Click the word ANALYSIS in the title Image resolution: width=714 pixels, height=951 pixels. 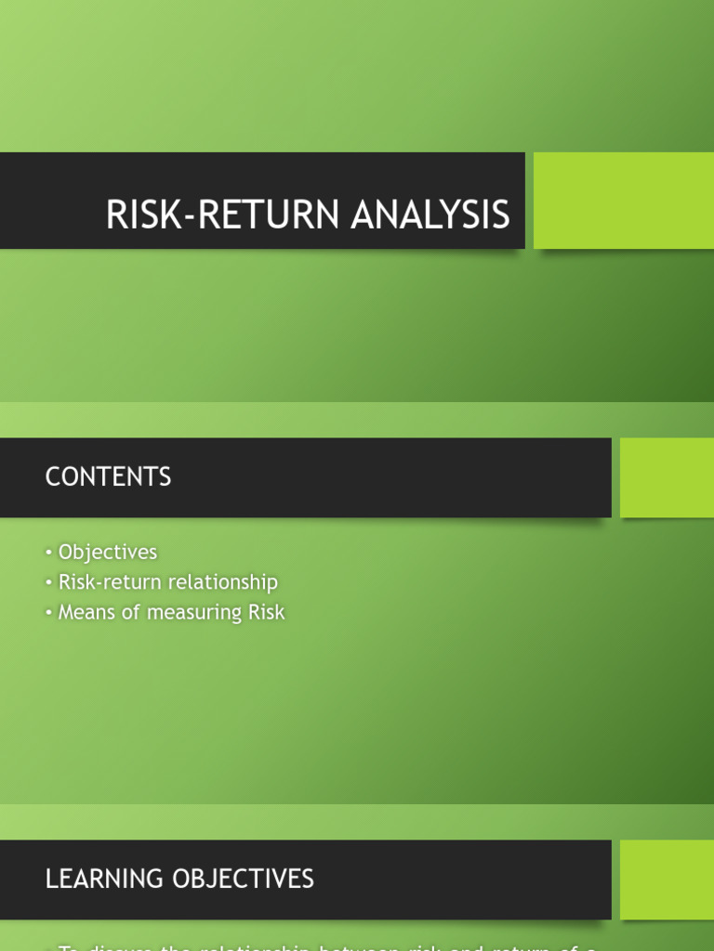(x=430, y=215)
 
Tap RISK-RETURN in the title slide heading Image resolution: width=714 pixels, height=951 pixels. (x=224, y=215)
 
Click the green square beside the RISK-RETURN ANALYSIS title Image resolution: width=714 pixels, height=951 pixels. (x=623, y=201)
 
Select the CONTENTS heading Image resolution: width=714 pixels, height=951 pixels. (x=108, y=477)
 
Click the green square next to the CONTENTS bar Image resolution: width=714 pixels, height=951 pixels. (x=667, y=477)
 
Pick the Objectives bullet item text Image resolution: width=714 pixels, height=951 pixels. (x=108, y=553)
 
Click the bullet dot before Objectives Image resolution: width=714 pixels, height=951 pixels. (x=48, y=554)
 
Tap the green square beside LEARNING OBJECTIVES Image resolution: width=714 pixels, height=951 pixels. (x=667, y=879)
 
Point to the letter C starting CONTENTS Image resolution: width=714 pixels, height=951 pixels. (x=52, y=477)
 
